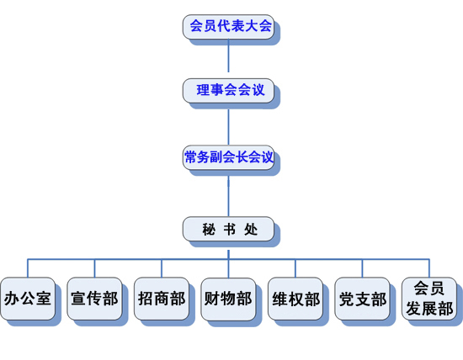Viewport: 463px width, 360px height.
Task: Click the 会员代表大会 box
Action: [228, 27]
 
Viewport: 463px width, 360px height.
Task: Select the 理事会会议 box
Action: [228, 91]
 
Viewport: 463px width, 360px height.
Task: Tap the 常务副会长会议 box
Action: [228, 157]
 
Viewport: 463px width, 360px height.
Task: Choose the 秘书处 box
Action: [228, 229]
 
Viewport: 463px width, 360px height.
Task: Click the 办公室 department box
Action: [28, 299]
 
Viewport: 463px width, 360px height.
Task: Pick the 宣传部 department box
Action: [94, 299]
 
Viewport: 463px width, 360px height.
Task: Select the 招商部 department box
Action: [162, 299]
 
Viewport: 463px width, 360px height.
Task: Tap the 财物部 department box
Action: [228, 299]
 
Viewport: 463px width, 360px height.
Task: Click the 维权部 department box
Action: [295, 299]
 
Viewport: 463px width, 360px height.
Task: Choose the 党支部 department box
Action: [362, 299]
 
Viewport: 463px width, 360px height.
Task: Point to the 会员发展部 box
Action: [429, 299]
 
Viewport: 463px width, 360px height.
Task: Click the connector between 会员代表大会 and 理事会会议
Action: [228, 56]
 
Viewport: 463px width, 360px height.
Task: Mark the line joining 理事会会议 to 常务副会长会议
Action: [228, 124]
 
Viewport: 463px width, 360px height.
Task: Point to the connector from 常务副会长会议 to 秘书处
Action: [228, 193]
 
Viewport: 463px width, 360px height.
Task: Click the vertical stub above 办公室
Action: [28, 268]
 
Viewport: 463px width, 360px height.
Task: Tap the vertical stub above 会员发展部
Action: [429, 268]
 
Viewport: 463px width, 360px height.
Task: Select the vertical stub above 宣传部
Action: [94, 268]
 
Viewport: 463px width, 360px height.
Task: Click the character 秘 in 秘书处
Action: [209, 230]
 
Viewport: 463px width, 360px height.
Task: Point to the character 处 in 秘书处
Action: [251, 230]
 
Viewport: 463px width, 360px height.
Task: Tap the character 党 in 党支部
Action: [347, 299]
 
